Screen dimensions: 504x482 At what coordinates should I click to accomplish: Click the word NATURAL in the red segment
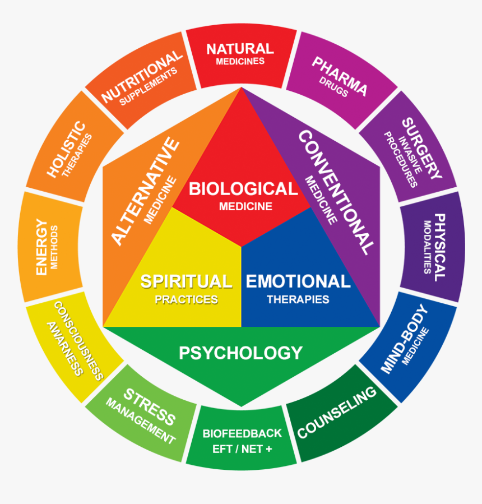[240, 49]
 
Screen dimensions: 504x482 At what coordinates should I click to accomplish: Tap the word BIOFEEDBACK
[242, 433]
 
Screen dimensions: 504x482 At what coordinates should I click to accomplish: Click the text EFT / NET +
[242, 449]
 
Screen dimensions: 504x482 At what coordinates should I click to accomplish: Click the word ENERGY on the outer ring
[41, 247]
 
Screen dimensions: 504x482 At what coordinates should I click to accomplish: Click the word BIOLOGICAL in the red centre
[243, 189]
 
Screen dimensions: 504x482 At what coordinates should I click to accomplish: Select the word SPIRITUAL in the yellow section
[186, 281]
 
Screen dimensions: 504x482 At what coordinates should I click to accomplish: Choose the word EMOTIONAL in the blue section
[298, 281]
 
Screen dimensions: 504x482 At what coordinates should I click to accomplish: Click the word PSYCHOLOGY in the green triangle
[240, 353]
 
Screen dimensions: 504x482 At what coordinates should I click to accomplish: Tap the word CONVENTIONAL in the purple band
[336, 191]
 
